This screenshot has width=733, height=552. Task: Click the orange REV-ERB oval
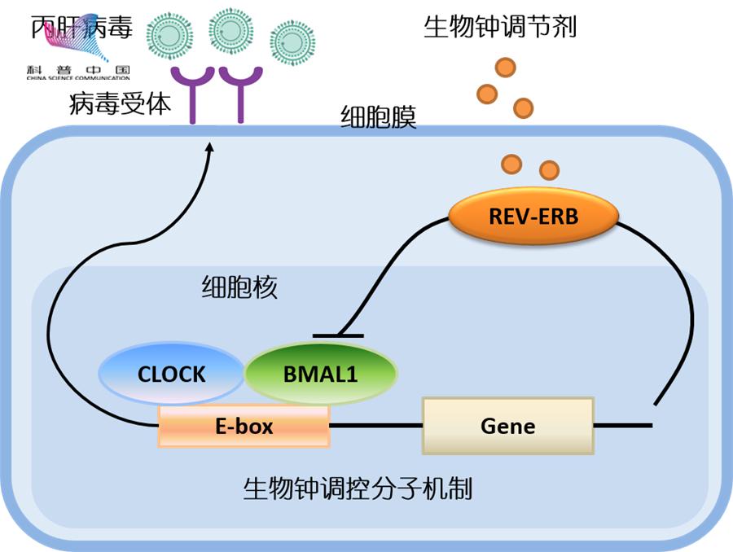[x=533, y=217]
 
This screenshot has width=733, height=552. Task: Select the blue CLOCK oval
[x=171, y=374]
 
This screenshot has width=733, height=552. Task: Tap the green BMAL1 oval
[x=321, y=374]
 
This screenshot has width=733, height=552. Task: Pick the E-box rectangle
[x=244, y=426]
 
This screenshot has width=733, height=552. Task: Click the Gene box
[x=507, y=425]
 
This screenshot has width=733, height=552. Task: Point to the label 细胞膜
[x=378, y=119]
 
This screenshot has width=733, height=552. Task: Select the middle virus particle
[x=230, y=29]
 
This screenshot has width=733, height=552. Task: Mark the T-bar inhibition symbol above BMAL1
[x=338, y=335]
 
